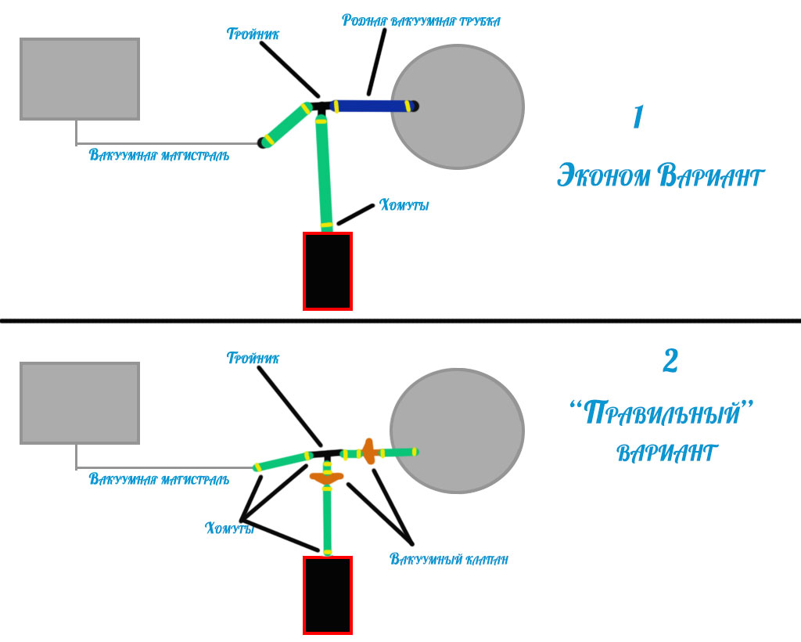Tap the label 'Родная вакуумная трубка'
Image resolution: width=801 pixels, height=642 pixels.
pyautogui.click(x=421, y=20)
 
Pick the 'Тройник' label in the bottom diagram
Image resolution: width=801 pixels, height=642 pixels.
pyautogui.click(x=253, y=359)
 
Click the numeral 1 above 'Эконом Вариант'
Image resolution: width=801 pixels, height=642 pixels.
pyautogui.click(x=638, y=117)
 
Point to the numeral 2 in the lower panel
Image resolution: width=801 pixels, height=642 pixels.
pyautogui.click(x=670, y=361)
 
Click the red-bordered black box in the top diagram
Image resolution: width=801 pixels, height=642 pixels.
pyautogui.click(x=328, y=271)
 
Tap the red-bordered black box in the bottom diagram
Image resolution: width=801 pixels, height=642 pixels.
pyautogui.click(x=328, y=595)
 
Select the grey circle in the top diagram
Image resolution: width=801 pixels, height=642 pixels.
pyautogui.click(x=457, y=106)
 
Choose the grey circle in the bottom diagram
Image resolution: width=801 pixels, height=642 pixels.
pyautogui.click(x=457, y=431)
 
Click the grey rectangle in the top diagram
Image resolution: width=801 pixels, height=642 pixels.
pyautogui.click(x=79, y=79)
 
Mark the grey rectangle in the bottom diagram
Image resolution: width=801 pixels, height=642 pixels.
pyautogui.click(x=79, y=403)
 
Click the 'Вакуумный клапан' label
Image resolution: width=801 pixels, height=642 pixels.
pyautogui.click(x=449, y=560)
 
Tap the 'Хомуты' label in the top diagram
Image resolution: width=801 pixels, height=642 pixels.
pyautogui.click(x=404, y=206)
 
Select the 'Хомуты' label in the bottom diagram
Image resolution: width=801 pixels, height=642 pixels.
pyautogui.click(x=229, y=528)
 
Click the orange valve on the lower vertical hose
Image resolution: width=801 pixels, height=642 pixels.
pyautogui.click(x=327, y=477)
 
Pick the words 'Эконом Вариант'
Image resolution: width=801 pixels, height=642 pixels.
pyautogui.click(x=659, y=176)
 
